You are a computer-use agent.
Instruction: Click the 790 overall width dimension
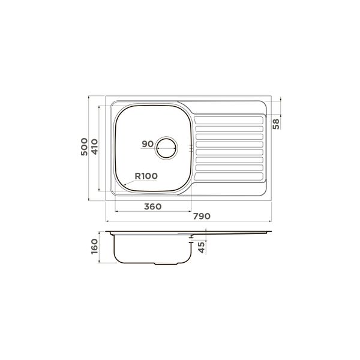(x=202, y=216)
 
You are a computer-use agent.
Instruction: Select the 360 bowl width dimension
(x=152, y=206)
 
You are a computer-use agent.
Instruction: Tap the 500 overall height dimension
(x=84, y=147)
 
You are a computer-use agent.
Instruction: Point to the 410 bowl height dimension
(x=95, y=147)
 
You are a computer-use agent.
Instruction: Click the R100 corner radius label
(x=146, y=176)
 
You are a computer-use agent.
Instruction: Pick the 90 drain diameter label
(x=148, y=144)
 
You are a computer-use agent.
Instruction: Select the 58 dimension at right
(x=276, y=124)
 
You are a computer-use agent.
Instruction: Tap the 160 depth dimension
(x=95, y=247)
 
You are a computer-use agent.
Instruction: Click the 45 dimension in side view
(x=202, y=247)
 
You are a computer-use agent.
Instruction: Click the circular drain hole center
(x=166, y=148)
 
